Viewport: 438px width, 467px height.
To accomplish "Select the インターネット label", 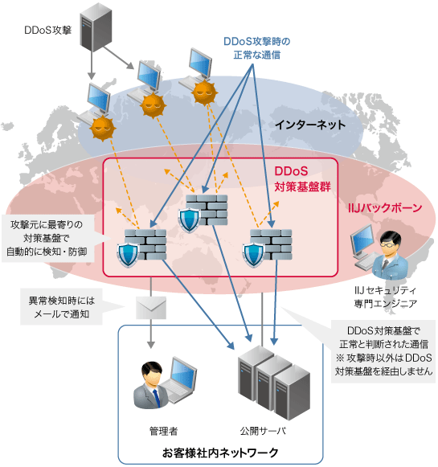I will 309,125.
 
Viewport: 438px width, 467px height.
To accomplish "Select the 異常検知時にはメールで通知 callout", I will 60,308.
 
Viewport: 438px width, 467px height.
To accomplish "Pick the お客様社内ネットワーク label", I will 220,453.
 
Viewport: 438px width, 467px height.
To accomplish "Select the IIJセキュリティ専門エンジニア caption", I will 386,297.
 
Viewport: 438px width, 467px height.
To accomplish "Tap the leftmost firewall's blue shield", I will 129,255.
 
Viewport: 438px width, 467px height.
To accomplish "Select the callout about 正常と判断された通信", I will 383,350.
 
